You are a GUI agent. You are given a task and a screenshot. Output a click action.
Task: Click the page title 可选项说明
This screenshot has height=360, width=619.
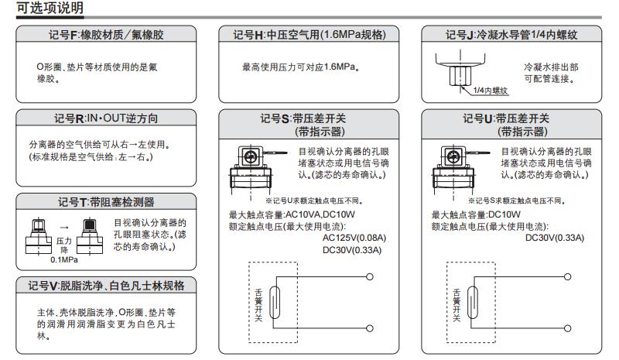tap(50, 8)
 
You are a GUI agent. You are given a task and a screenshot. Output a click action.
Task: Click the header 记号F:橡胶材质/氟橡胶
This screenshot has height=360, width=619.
tap(106, 35)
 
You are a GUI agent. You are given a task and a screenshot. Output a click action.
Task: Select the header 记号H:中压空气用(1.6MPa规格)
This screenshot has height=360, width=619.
tap(309, 35)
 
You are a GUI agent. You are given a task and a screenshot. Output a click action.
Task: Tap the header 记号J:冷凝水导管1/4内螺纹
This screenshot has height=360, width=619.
tap(511, 35)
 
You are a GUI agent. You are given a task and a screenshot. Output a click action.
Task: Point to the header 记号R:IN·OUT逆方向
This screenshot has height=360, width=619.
tap(106, 118)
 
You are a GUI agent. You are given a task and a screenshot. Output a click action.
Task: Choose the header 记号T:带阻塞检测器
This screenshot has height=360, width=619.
tap(106, 202)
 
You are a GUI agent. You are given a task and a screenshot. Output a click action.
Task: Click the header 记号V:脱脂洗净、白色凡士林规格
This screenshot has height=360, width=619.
tap(106, 286)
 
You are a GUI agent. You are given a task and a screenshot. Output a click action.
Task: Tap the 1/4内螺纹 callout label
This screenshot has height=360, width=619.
tap(491, 91)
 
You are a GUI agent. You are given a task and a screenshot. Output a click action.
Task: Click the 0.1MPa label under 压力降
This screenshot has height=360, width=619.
tap(64, 259)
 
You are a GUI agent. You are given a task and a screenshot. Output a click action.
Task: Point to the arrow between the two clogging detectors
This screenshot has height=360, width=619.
tap(64, 228)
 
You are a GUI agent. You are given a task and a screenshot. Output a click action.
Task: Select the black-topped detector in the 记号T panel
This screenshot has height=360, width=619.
tap(90, 235)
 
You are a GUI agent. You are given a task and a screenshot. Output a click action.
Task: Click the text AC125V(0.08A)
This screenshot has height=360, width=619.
tap(354, 238)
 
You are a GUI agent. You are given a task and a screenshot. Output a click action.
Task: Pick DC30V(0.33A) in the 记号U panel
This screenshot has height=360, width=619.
tap(554, 238)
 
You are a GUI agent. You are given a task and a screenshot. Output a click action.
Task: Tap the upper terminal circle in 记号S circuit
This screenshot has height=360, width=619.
tap(370, 276)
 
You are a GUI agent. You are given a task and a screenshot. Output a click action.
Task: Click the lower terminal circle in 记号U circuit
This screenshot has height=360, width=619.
tap(567, 328)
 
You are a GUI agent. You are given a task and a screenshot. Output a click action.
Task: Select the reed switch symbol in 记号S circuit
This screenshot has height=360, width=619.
tap(275, 302)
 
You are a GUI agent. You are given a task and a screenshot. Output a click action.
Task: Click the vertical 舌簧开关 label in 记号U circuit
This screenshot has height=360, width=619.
tap(457, 305)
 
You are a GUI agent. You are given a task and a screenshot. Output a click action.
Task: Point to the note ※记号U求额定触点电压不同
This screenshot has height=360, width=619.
tap(315, 201)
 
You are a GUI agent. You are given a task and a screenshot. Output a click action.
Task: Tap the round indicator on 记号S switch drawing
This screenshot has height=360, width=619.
tap(250, 157)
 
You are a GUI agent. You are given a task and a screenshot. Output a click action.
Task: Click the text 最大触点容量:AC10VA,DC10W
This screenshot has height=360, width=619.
tap(292, 214)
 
